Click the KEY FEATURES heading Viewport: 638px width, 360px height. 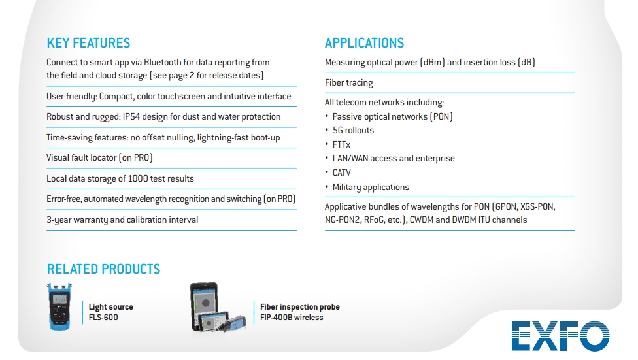pos(88,42)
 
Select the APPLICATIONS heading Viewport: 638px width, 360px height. pos(364,42)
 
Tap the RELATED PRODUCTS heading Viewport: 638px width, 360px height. pos(103,269)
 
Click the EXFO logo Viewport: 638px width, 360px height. pos(561,336)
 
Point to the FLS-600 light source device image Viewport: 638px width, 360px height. pos(59,306)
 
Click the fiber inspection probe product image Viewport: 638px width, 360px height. pos(217,306)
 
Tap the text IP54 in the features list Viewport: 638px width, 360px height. pos(131,117)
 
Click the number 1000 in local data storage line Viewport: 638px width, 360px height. pos(137,178)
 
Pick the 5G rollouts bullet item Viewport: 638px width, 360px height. pos(353,130)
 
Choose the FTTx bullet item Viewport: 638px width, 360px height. pos(341,144)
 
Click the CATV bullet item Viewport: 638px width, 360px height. pos(341,172)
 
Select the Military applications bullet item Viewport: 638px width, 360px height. pos(371,187)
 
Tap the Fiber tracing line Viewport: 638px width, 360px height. pos(348,82)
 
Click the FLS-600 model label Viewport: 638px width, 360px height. pos(103,318)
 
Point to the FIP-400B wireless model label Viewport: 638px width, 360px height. pos(292,318)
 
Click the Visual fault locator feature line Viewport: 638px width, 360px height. pos(99,158)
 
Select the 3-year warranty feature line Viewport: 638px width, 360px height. pos(122,220)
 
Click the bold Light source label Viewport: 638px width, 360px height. pos(110,306)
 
